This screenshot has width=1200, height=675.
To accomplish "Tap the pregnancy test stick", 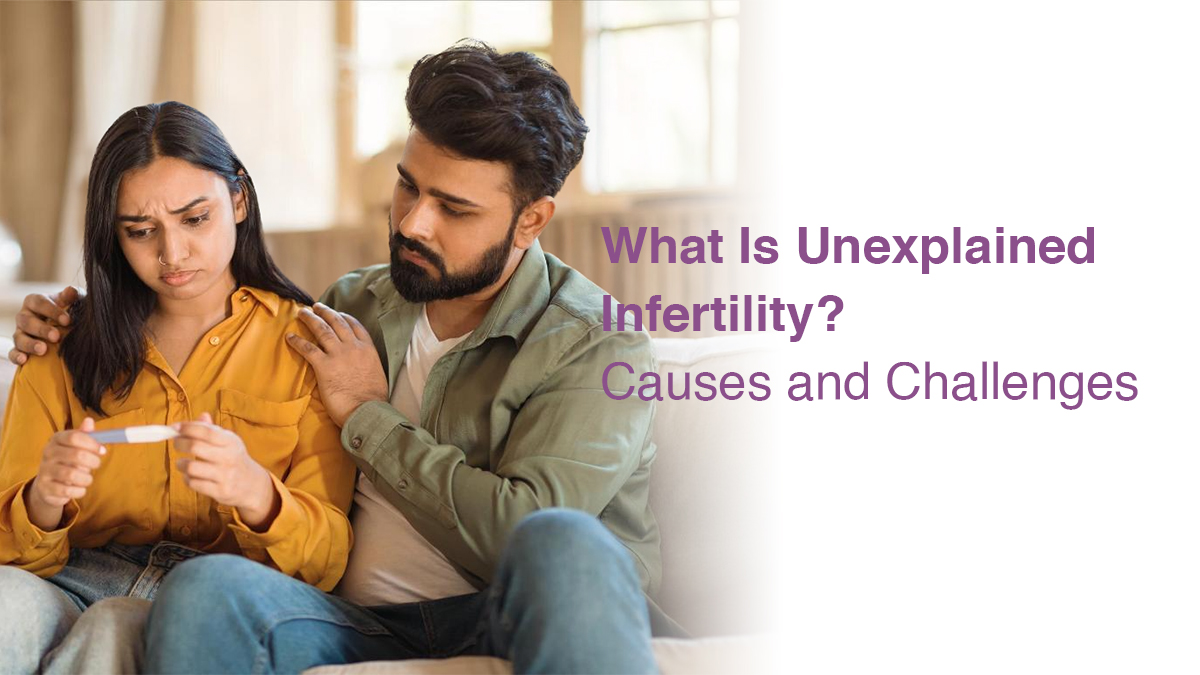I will click(x=134, y=434).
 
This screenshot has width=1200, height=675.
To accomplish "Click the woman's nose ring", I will click(x=161, y=260).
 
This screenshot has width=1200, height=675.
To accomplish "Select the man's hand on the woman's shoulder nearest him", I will click(x=335, y=360).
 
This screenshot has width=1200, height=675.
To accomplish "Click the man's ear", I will click(x=538, y=217).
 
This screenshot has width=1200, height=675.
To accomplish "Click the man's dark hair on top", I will click(x=490, y=90).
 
